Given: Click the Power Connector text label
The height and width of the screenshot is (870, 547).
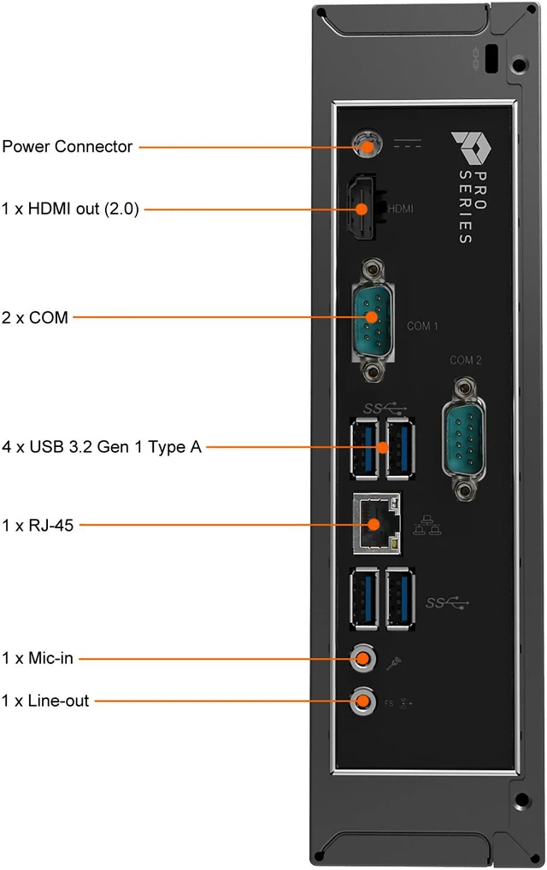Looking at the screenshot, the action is click(68, 146).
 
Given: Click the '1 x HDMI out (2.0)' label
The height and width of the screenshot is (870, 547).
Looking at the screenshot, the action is click(70, 209).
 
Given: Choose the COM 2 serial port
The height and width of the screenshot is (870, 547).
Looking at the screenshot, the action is click(464, 438).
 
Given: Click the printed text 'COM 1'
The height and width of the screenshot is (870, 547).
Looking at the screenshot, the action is click(423, 326).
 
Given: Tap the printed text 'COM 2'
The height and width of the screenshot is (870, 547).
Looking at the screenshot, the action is click(466, 360).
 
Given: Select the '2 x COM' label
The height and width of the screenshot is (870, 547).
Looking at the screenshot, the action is click(35, 317).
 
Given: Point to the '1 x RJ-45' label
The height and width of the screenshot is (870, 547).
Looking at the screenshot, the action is click(38, 525).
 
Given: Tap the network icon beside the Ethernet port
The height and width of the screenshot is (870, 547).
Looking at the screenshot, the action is click(427, 525).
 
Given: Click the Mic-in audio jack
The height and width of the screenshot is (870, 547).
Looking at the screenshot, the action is click(363, 659).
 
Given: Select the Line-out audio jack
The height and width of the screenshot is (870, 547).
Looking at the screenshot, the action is click(363, 701).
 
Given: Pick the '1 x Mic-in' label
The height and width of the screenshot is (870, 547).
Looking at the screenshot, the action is click(37, 658).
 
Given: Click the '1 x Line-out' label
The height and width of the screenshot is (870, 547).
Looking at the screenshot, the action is click(45, 701).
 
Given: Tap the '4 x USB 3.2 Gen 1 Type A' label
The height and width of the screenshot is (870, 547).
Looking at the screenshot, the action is click(102, 447).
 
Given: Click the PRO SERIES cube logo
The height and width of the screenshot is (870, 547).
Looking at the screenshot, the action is click(470, 148).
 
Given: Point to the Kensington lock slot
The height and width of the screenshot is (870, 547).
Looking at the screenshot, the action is click(491, 58).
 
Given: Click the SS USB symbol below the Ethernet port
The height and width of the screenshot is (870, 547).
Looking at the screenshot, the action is click(447, 603).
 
